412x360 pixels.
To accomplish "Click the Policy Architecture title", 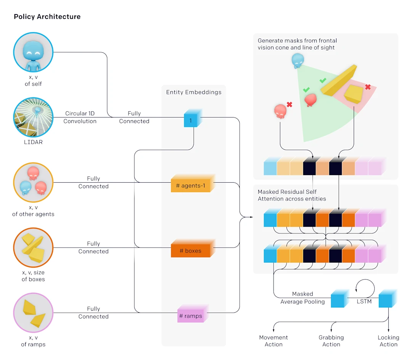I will pyautogui.click(x=47, y=17).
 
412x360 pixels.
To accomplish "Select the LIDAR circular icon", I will pyautogui.click(x=33, y=117).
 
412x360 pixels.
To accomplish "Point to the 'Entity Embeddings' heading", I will pyautogui.click(x=194, y=92).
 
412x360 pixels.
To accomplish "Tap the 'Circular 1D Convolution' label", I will pyautogui.click(x=80, y=117).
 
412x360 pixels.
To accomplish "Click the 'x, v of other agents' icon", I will pyautogui.click(x=33, y=182).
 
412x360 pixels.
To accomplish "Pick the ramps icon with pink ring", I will pyautogui.click(x=33, y=313).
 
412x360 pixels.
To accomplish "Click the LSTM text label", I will pyautogui.click(x=364, y=301).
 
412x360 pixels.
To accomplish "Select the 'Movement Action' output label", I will pyautogui.click(x=274, y=341).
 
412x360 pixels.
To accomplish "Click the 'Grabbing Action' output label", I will pyautogui.click(x=331, y=341).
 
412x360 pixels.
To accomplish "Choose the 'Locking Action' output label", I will pyautogui.click(x=388, y=341).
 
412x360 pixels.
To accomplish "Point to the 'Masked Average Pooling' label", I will pyautogui.click(x=303, y=298).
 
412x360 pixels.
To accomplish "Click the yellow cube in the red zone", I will pyautogui.click(x=353, y=93).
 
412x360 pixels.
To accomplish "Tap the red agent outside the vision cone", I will pyautogui.click(x=280, y=111).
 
